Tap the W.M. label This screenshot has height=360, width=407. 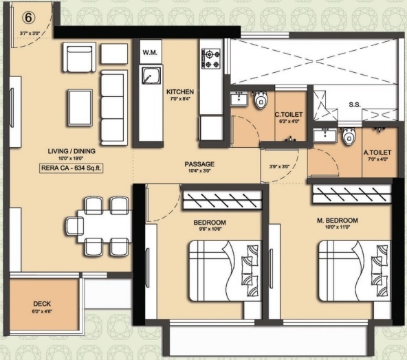coord(149,52)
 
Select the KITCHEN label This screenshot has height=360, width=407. coord(180,91)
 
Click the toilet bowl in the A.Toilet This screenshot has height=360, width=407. coord(348,137)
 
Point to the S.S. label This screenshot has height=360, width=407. coord(355,105)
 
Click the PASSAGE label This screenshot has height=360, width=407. coord(199,164)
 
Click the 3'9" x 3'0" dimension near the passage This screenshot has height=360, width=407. coord(280,166)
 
